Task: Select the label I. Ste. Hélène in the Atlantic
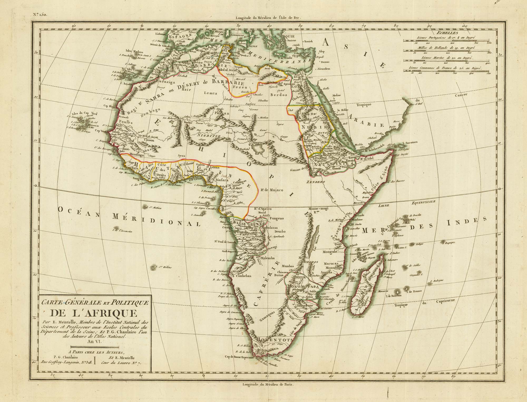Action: point(163,267)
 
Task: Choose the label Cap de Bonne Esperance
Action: point(239,357)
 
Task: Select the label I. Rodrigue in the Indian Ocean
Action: point(437,281)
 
